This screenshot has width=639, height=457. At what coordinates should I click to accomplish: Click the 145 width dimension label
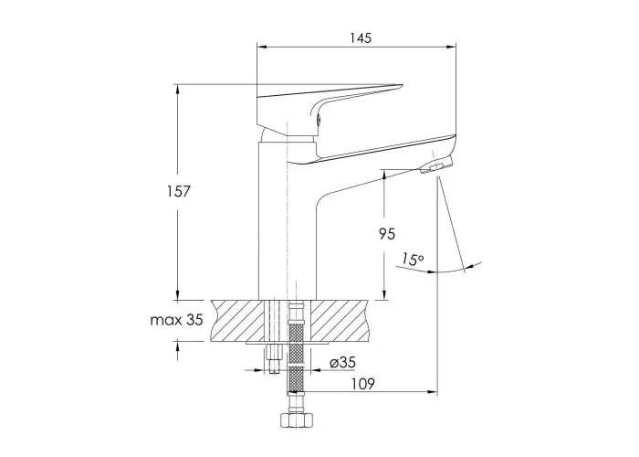coord(361,38)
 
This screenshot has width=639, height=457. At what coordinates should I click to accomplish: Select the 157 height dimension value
coord(179,191)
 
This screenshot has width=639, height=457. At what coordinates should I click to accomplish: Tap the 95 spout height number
coord(387,234)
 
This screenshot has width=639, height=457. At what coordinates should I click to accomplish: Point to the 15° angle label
coord(413,259)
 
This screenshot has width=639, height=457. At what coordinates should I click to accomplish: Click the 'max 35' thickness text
coord(176,320)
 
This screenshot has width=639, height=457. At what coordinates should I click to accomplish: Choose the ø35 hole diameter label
coord(342,362)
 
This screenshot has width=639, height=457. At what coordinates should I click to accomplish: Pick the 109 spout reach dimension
coord(362,384)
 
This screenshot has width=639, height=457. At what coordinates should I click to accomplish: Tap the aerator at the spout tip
coord(437,165)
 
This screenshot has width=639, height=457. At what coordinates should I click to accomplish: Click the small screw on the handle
coord(319,120)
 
